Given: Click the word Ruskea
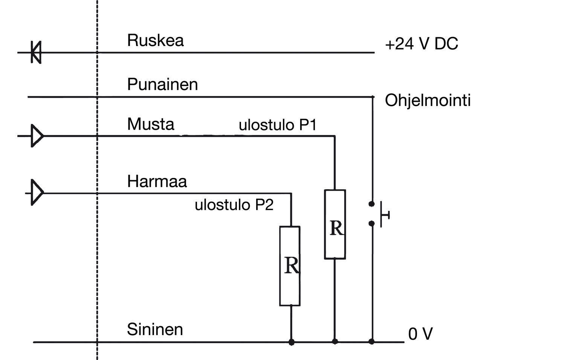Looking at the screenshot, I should [155, 40].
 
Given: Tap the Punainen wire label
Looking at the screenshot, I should [162, 84].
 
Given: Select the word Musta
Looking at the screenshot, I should [151, 124].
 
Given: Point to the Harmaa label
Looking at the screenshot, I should [157, 181].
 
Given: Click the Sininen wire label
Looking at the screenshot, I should [155, 329].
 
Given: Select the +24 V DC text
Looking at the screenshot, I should [421, 44].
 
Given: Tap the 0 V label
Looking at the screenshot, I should [420, 334].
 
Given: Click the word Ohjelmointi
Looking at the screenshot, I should [428, 101].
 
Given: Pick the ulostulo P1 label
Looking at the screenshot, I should [277, 125].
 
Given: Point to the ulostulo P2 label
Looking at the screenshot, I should [234, 205].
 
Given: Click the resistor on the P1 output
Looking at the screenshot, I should [335, 224].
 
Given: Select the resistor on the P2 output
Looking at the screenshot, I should [290, 266].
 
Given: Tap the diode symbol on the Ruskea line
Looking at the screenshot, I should [36, 52].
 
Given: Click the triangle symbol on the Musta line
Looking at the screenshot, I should [37, 136].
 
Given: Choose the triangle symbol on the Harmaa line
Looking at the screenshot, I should [37, 193].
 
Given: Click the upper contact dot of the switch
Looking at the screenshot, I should [371, 204].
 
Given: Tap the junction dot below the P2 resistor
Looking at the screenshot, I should [291, 342].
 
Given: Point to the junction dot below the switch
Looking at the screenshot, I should [372, 342].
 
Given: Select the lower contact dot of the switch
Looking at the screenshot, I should [371, 224].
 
